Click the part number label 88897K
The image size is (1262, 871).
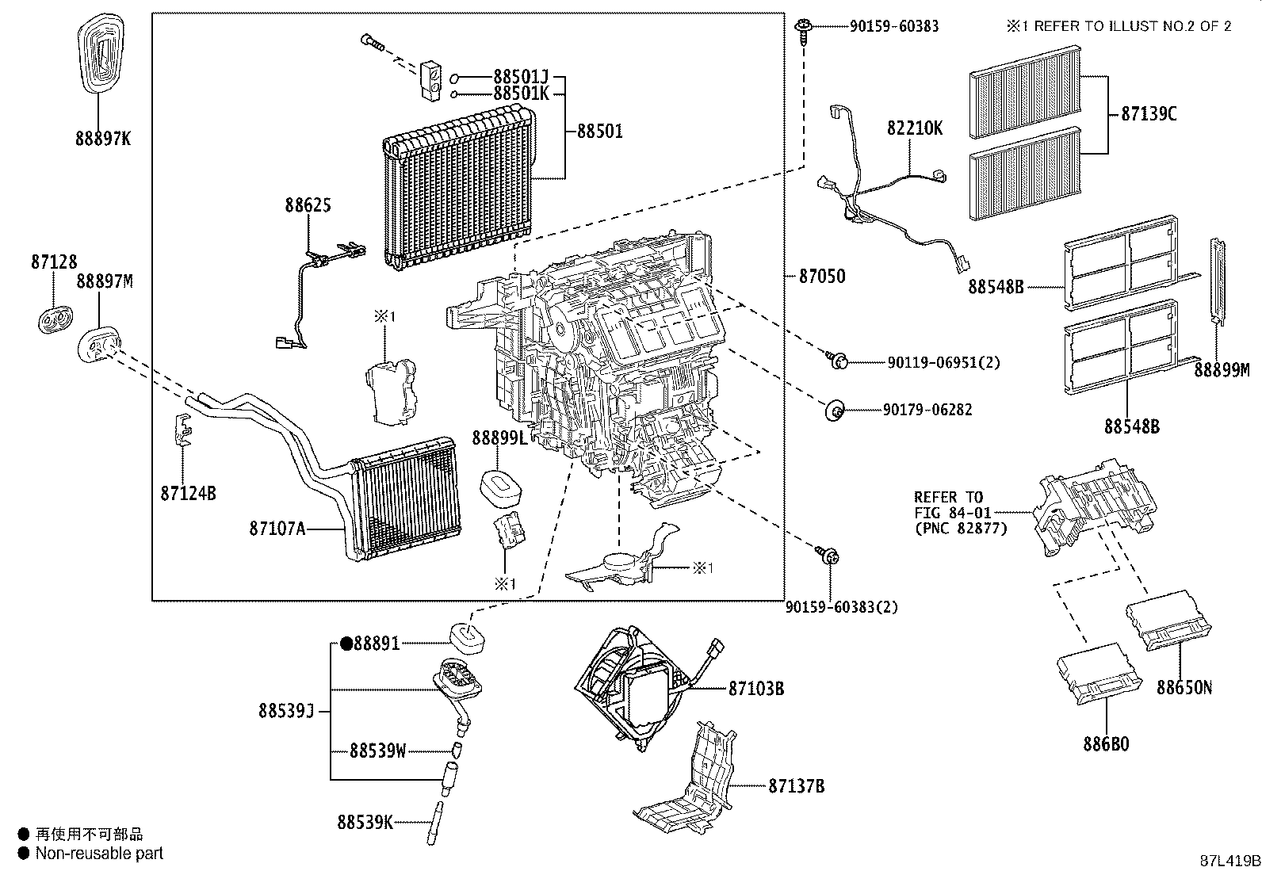[102, 139]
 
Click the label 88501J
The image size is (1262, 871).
[520, 77]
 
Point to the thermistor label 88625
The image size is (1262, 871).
[308, 205]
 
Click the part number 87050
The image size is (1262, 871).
[821, 277]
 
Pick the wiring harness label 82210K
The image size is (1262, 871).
[915, 128]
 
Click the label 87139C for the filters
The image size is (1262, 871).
[1148, 114]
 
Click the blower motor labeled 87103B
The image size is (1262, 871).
[634, 686]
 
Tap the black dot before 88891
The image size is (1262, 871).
[346, 644]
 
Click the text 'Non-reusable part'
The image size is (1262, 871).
[99, 854]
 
